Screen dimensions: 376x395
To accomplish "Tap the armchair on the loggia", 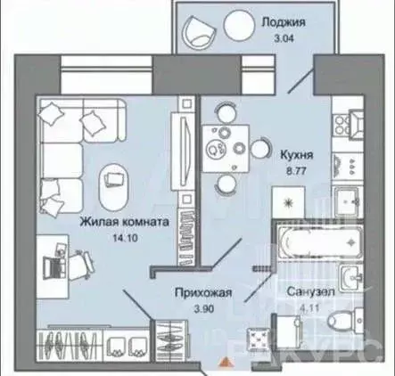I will coord(199,33).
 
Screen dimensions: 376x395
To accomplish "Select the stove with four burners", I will coord(345,162).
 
